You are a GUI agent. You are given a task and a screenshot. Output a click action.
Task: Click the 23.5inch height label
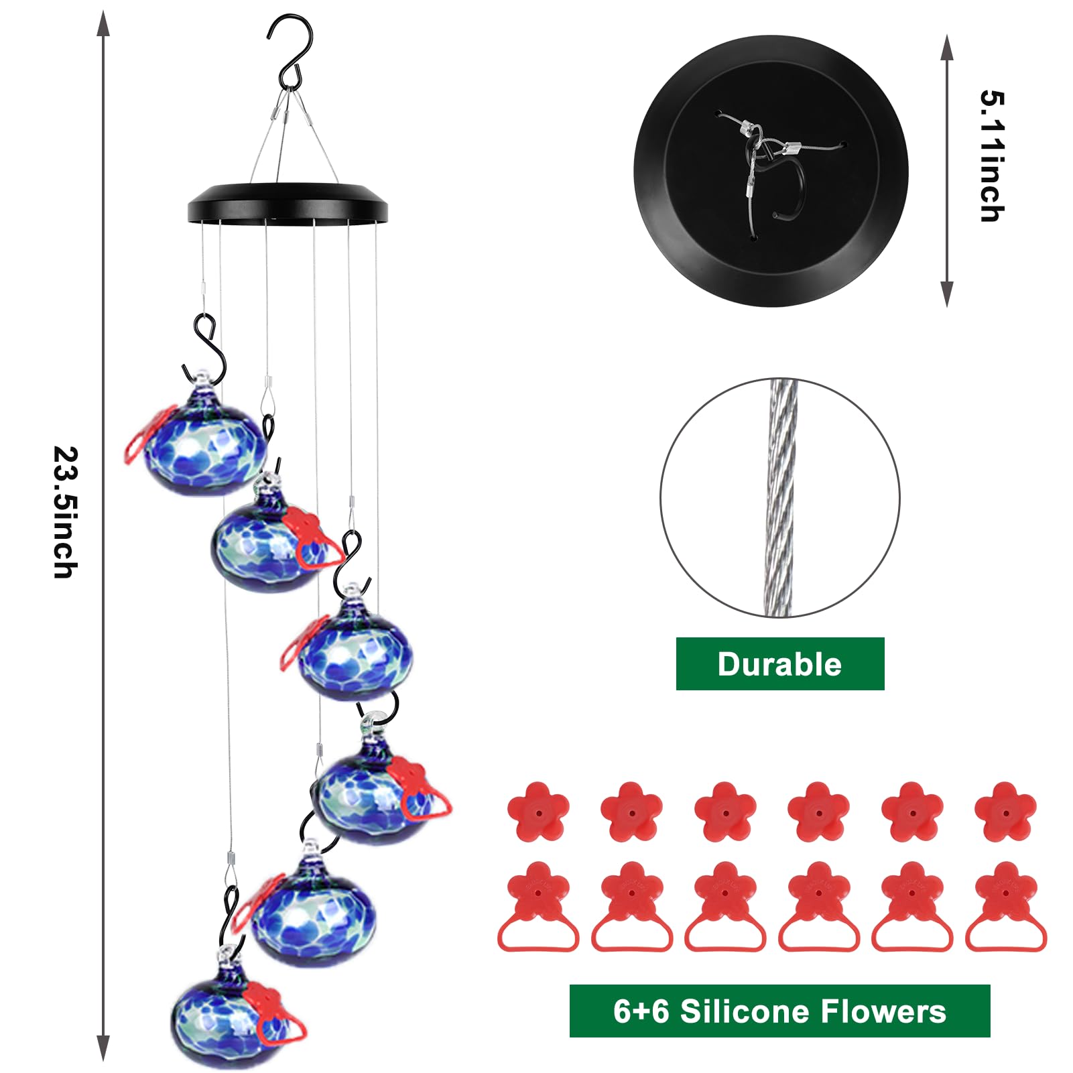pyautogui.click(x=66, y=512)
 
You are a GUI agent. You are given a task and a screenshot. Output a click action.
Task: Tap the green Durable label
pyautogui.click(x=779, y=664)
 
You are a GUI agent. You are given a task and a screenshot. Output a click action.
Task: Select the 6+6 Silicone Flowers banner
pyautogui.click(x=779, y=1011)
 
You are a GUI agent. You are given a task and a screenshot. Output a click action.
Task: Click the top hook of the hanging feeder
pyautogui.click(x=290, y=47)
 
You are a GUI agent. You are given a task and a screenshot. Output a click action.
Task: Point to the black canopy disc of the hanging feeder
pyautogui.click(x=288, y=203)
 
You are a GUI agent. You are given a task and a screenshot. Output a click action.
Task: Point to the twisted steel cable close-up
pyautogui.click(x=779, y=497)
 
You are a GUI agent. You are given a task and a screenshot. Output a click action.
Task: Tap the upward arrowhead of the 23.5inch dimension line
pyautogui.click(x=103, y=23)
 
